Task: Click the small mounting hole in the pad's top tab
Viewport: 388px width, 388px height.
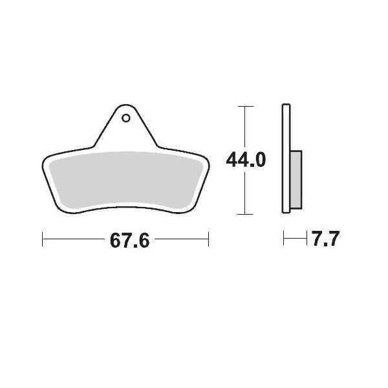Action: click(125, 118)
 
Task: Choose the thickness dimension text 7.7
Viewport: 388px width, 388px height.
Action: click(326, 241)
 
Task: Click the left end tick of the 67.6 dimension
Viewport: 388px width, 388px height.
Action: click(43, 240)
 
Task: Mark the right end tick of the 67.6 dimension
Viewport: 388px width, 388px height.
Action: click(208, 240)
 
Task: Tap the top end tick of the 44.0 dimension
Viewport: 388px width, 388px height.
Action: click(244, 105)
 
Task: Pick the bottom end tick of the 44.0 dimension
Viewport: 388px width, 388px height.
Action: click(244, 214)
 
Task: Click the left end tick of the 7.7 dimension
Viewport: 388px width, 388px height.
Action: click(284, 240)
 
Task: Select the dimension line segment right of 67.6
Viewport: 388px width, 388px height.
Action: click(181, 240)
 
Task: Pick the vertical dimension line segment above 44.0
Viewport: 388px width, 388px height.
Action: click(244, 126)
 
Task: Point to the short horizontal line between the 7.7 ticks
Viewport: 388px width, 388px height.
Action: click(294, 240)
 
